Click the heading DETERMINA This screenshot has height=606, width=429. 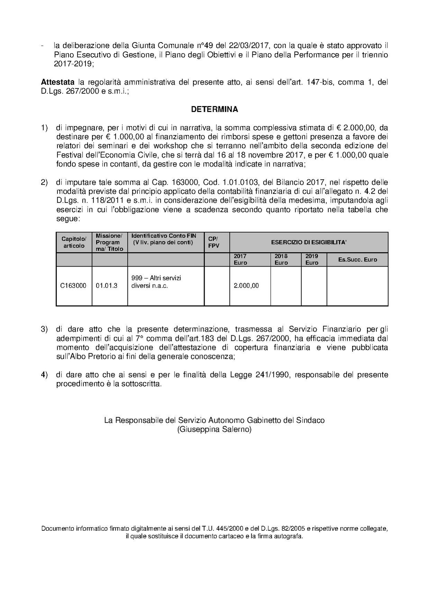pos(214,110)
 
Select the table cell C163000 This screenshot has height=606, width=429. pos(73,286)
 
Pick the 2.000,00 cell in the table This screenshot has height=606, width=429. pos(247,286)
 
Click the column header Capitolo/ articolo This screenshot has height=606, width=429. pos(74,242)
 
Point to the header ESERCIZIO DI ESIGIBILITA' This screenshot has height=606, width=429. pos(309,242)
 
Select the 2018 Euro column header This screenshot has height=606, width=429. pos(281,259)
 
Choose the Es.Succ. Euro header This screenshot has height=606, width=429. pos(357,260)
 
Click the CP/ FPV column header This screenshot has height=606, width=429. pos(214,242)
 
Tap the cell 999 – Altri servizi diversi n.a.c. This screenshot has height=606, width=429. pos(157,282)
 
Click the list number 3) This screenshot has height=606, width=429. pos(44,329)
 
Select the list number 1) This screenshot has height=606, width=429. pos(44,128)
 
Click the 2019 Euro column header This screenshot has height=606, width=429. pos(312,259)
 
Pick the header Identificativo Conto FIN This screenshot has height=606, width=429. pos(164,236)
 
